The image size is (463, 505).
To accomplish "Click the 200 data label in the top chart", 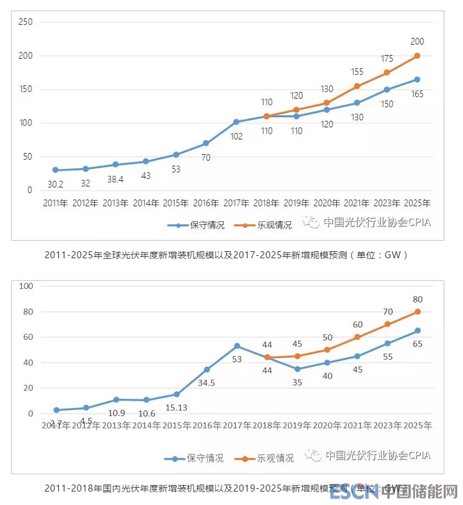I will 417,42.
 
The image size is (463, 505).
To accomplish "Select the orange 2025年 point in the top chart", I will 417,56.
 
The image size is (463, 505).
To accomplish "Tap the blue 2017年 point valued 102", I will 236,121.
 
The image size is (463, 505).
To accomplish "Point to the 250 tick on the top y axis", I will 26,22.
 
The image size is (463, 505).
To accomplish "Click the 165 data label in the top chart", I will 417,93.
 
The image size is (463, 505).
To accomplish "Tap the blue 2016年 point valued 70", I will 206,143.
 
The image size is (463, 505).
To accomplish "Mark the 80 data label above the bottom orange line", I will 417,299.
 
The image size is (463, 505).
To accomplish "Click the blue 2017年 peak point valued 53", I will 237,346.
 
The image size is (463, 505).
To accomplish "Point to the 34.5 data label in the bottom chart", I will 207,382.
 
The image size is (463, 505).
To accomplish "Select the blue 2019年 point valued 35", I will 297,369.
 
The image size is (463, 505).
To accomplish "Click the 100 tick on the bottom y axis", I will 26,286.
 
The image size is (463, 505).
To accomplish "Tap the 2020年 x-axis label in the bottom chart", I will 327,425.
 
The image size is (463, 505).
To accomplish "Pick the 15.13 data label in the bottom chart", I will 177,407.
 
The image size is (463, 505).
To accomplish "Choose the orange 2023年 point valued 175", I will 387,72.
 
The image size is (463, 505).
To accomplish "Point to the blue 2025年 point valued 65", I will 417,330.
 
